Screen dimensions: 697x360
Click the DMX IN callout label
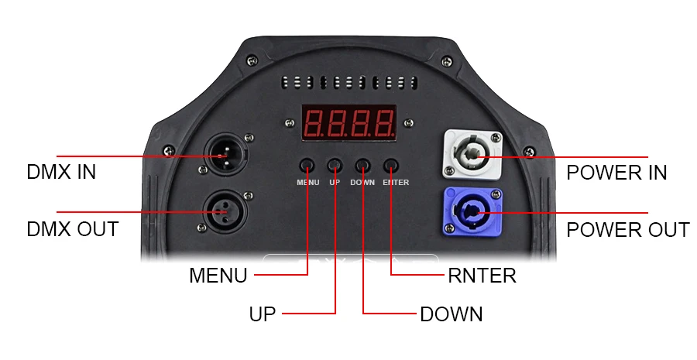61,172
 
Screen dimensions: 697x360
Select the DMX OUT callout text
73,229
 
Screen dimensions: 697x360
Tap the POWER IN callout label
616,173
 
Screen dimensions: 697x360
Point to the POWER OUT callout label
627,230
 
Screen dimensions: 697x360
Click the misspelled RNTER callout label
482,276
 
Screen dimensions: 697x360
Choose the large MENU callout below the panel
218,275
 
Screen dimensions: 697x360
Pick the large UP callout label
263,314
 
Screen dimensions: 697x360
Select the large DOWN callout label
452,314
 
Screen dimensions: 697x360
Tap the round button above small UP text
335,166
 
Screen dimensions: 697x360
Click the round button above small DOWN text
362,166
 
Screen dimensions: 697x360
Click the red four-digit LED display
349,122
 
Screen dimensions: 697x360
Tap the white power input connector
472,154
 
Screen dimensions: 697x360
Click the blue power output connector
472,212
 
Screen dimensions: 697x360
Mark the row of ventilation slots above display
349,83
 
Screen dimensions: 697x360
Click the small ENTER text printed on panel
396,182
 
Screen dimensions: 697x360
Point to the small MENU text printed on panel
308,182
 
